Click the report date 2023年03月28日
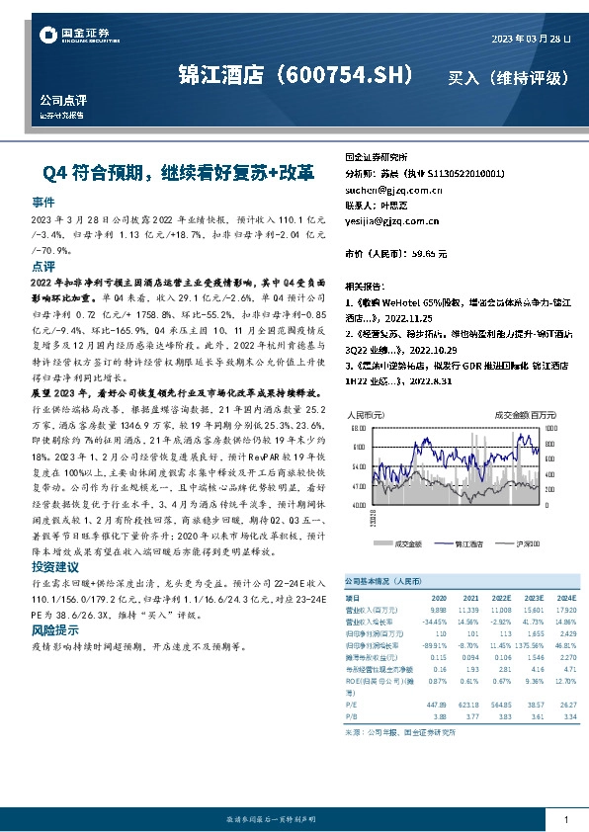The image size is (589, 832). (531, 39)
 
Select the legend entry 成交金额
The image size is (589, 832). (408, 542)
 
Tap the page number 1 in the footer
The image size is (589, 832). (565, 819)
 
